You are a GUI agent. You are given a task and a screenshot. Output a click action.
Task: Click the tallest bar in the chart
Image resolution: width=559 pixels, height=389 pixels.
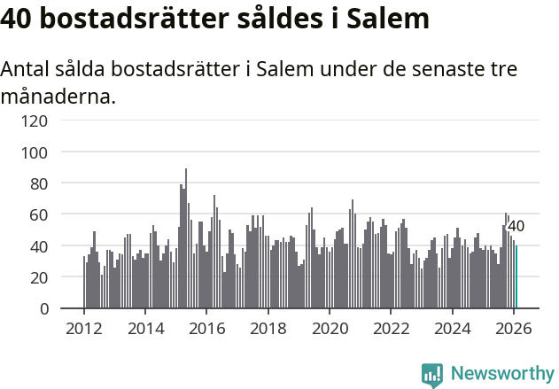(x=186, y=238)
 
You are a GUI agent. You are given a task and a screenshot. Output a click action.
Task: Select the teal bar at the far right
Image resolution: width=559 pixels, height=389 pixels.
(x=516, y=277)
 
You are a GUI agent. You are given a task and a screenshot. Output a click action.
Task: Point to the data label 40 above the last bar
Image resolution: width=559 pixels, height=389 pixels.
(x=516, y=227)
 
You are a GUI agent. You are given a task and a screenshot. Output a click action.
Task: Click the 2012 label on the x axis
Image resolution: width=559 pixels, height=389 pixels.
(x=84, y=329)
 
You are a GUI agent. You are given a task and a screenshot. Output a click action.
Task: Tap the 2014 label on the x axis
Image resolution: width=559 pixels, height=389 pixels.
(x=145, y=329)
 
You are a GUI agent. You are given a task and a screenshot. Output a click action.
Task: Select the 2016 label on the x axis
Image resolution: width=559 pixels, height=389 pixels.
(x=206, y=329)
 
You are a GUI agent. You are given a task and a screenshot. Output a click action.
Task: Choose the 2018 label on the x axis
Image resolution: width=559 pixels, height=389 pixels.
(x=268, y=329)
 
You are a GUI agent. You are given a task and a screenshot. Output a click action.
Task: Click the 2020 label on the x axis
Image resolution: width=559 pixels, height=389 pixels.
(x=330, y=329)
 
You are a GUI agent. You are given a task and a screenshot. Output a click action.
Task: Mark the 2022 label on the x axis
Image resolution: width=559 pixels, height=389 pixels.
(x=391, y=329)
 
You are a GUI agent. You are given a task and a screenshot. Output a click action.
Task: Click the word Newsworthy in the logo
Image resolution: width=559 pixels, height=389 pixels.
(x=501, y=374)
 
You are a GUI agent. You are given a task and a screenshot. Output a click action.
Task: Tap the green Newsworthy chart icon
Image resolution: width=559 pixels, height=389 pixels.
(x=432, y=375)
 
